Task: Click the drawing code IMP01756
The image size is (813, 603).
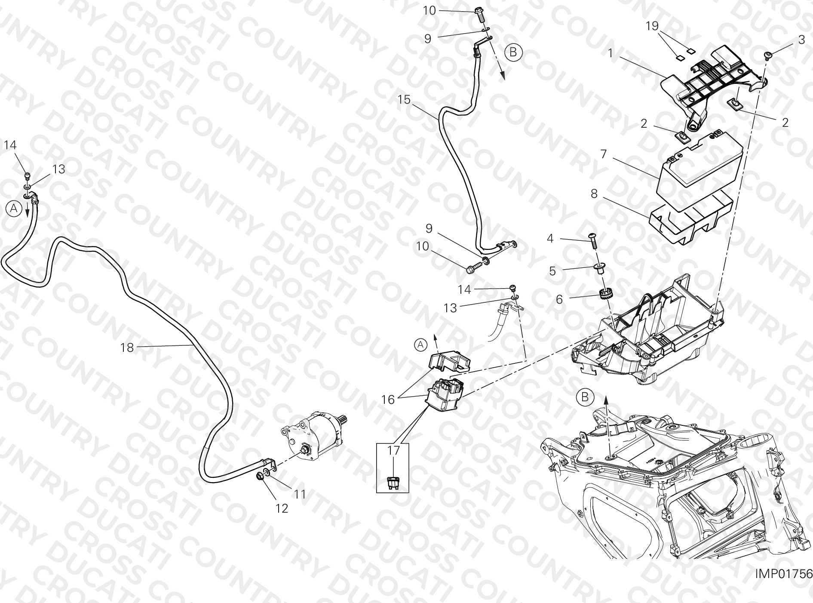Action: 783,573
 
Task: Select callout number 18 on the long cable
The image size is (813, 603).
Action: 127,347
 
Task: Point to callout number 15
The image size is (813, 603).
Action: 404,100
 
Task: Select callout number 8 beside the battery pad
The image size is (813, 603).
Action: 594,194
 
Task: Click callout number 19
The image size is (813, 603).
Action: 652,26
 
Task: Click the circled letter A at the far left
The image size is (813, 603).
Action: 14,209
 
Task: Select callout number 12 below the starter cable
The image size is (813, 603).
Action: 282,508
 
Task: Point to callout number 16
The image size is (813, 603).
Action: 388,400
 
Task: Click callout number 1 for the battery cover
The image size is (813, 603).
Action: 610,53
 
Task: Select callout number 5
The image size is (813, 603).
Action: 552,271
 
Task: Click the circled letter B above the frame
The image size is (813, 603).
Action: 585,397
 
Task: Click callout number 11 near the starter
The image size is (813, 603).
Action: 300,494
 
